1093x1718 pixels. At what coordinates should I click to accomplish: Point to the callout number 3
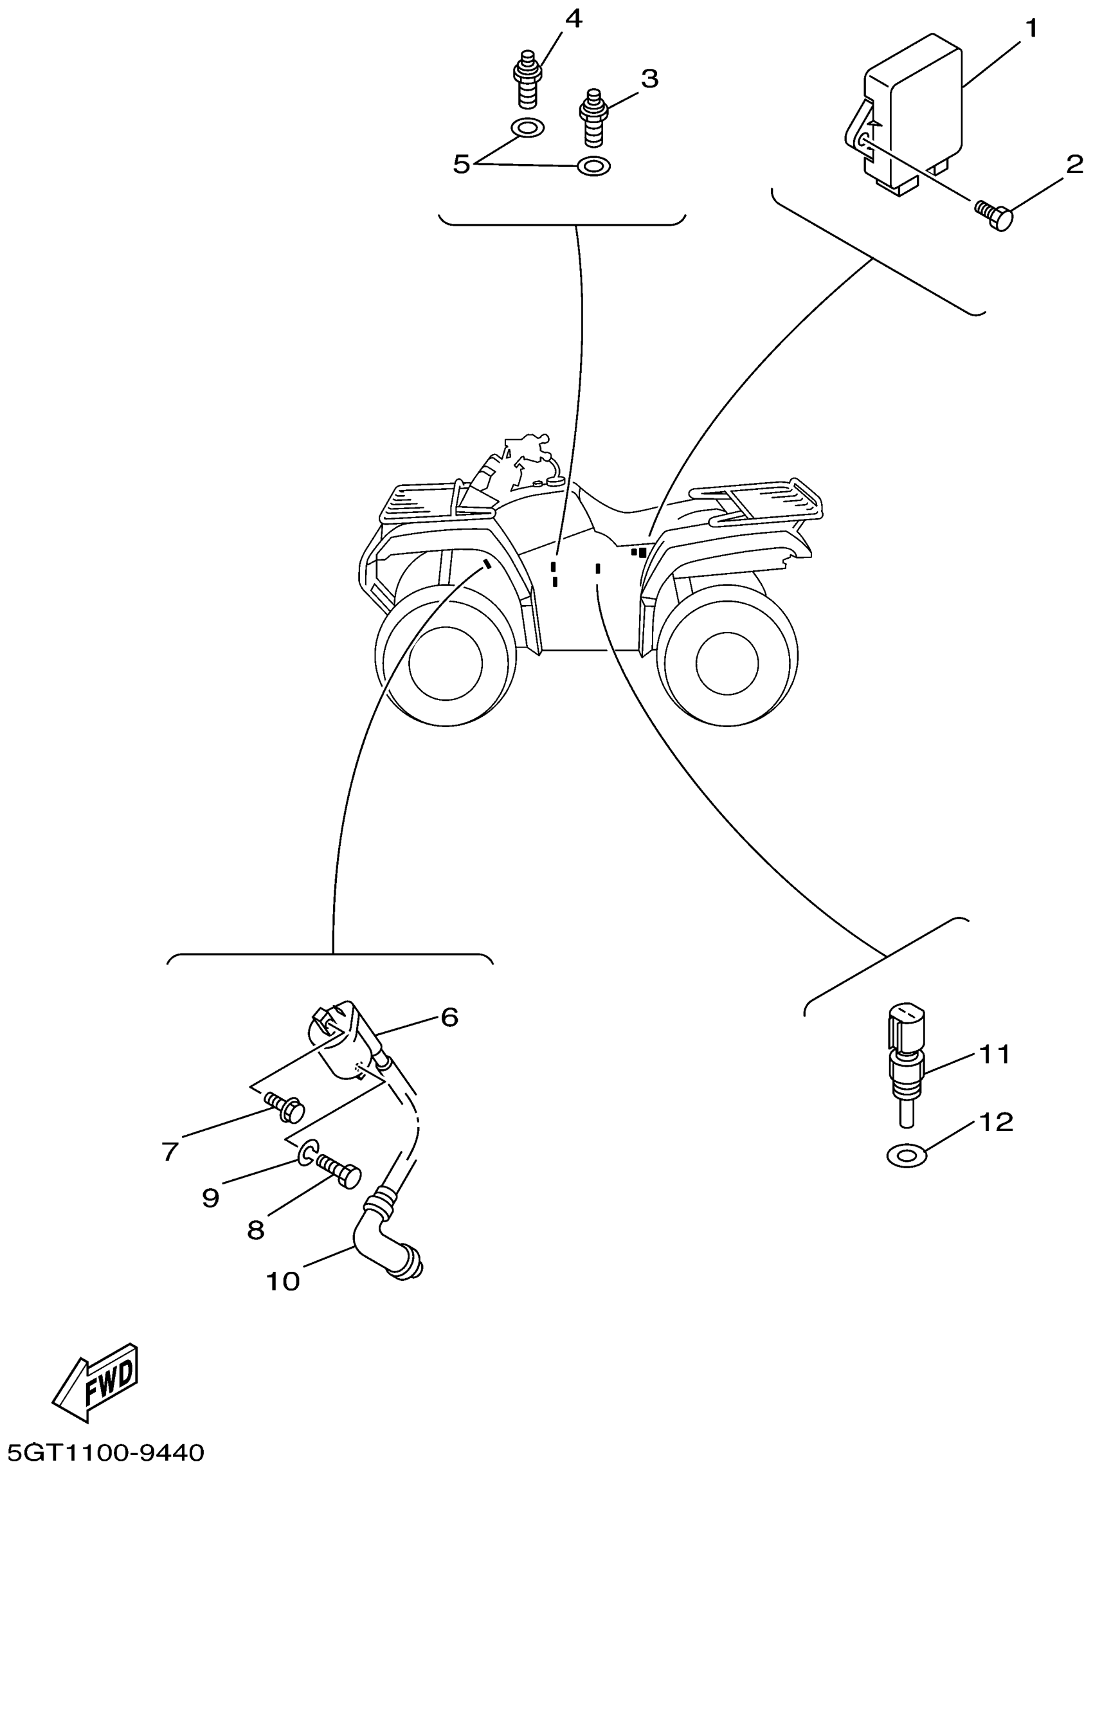tap(649, 78)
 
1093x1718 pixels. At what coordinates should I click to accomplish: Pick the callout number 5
tap(462, 164)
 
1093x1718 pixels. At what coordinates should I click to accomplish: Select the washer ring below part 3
tap(593, 167)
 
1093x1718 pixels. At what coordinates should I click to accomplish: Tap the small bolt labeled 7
tap(285, 1108)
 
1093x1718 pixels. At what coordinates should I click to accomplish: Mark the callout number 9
tap(210, 1198)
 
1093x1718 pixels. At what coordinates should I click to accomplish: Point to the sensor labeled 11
tap(906, 1063)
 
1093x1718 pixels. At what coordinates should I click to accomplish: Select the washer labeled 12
tap(906, 1154)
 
